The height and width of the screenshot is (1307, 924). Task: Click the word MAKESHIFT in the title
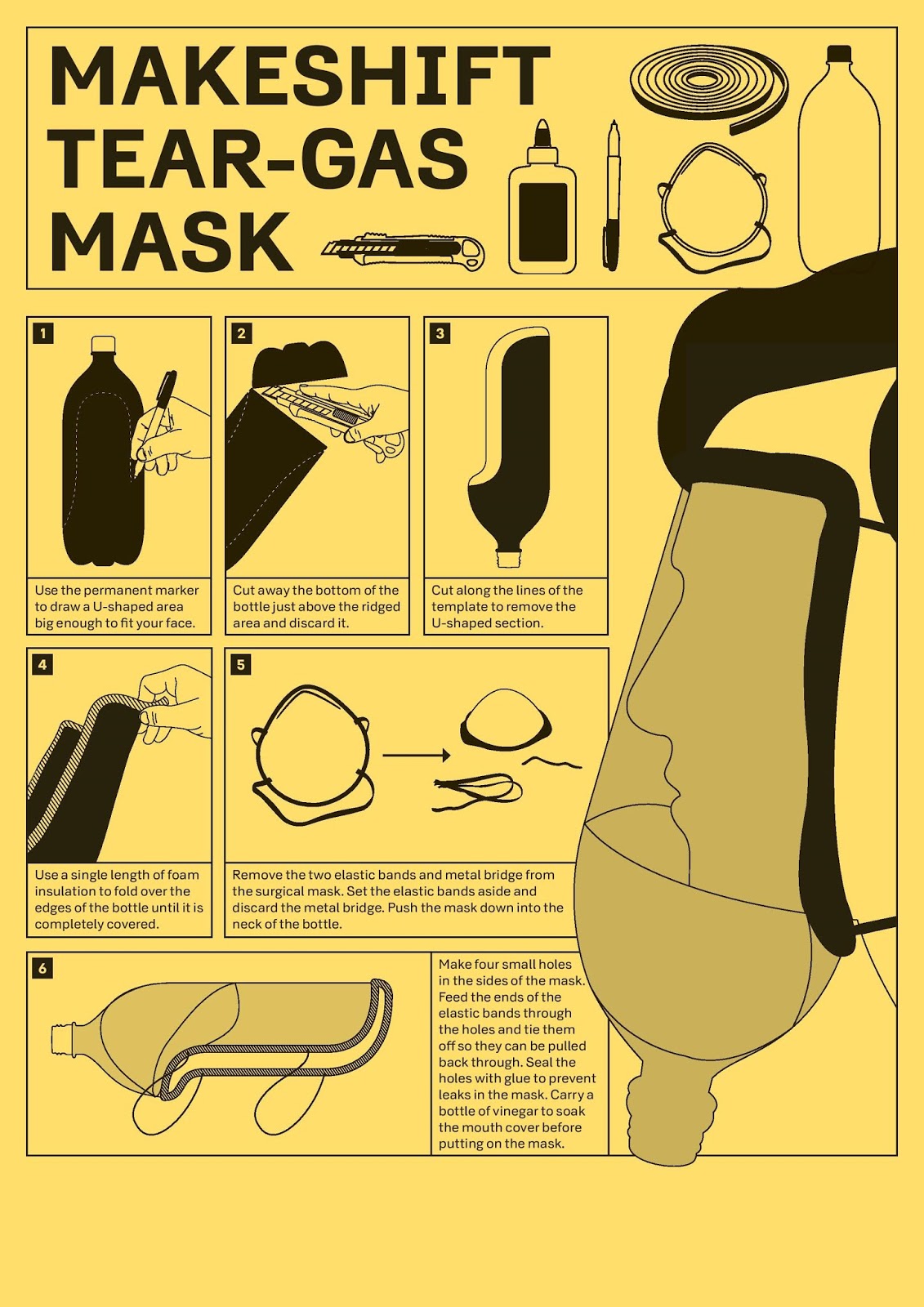point(300,77)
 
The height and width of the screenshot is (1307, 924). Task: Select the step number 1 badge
point(43,334)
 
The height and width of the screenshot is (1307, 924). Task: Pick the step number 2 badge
point(242,334)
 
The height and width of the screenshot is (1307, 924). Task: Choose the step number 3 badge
point(440,334)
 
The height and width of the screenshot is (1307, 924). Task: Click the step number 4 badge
point(43,665)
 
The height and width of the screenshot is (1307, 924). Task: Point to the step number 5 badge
point(242,665)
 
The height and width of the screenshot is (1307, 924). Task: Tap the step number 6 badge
point(43,969)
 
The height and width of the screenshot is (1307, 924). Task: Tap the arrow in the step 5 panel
point(417,755)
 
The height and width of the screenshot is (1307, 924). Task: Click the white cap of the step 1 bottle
point(104,343)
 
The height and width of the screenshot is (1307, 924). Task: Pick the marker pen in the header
point(612,195)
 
